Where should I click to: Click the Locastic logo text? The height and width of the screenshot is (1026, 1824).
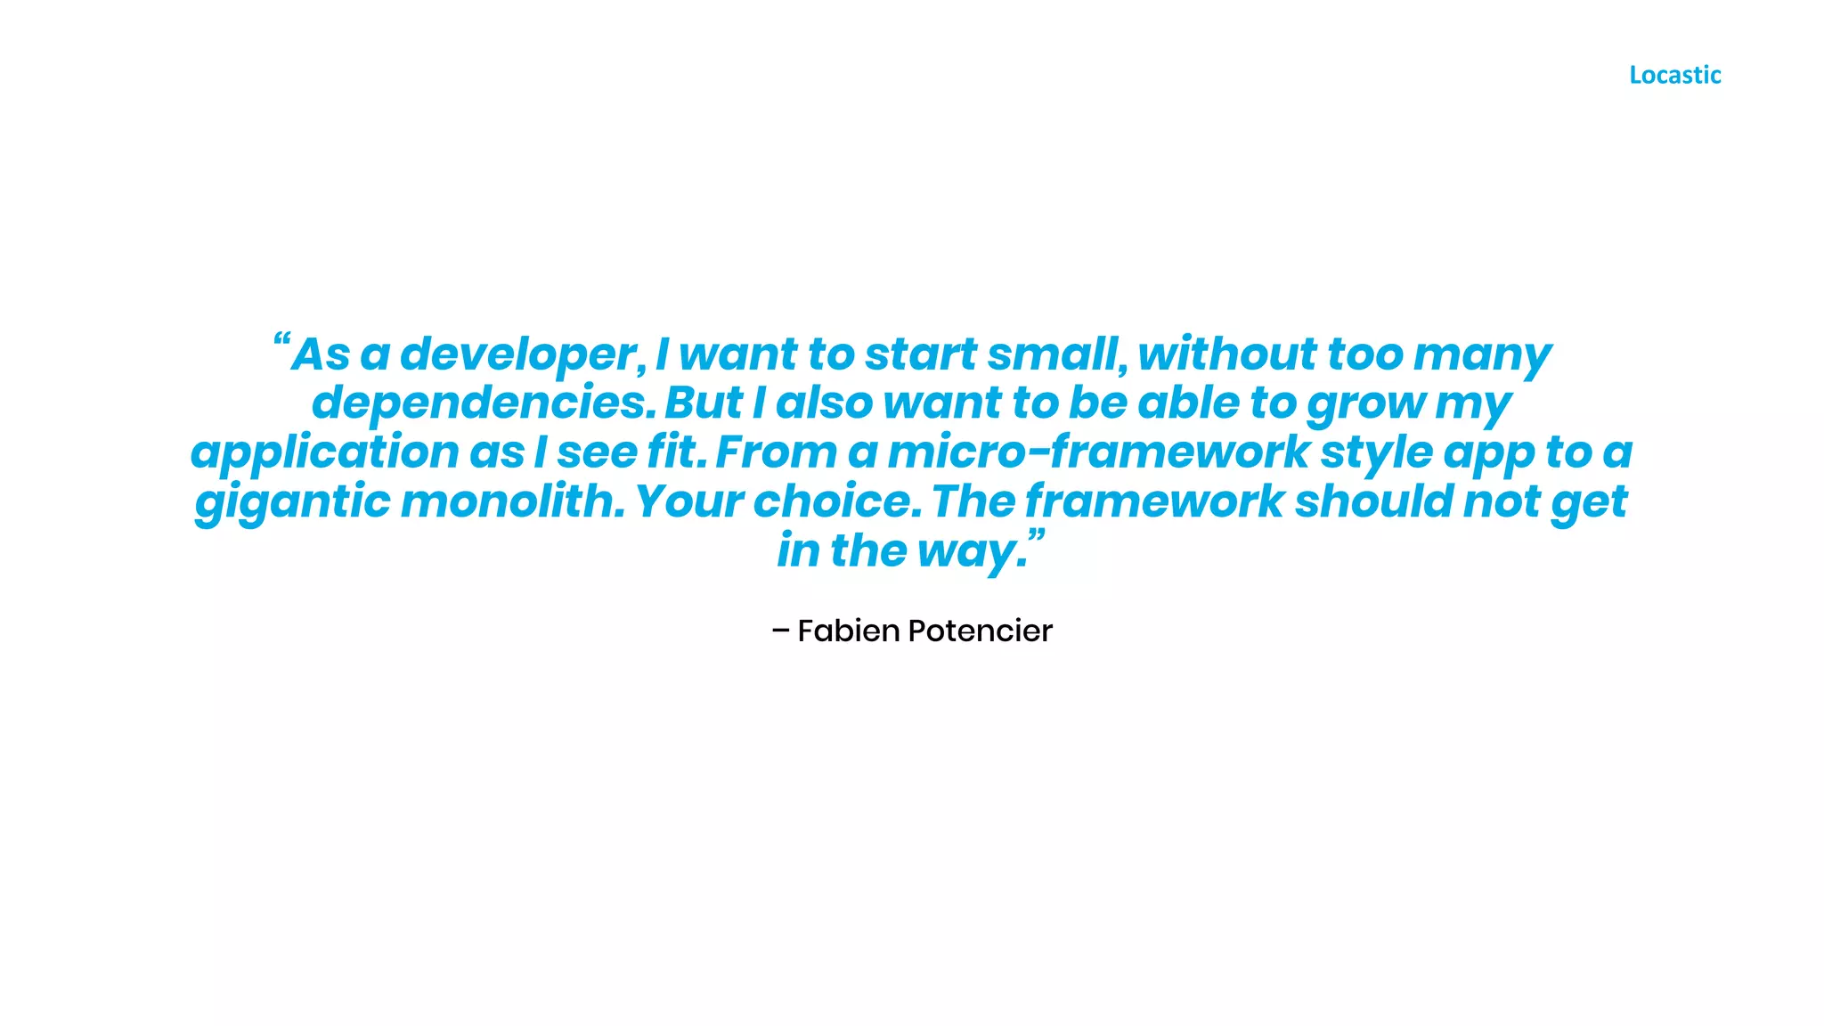1674,75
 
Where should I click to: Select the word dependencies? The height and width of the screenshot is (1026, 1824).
483,403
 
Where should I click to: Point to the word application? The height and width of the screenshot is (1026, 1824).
324,452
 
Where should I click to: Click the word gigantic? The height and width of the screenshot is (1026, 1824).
292,502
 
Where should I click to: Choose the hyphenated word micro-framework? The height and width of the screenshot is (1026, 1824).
1097,452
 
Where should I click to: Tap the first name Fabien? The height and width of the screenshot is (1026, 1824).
848,631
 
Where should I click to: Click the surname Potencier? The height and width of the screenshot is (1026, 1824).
980,631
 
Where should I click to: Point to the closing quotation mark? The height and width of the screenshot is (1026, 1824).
1036,536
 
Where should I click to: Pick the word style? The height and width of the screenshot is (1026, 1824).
1376,453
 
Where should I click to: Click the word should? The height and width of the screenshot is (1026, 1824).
1373,501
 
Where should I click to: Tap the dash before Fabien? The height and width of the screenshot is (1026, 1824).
780,631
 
